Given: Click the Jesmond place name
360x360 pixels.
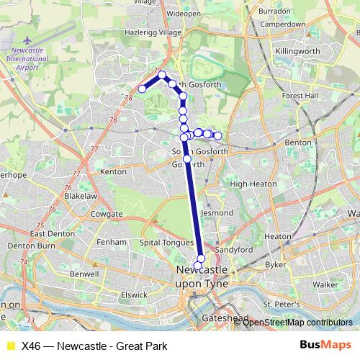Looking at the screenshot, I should coord(217,213).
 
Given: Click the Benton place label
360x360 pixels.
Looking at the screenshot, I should coord(298,143).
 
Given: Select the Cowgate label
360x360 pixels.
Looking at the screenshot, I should coord(107,215).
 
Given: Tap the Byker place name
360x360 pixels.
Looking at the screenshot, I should coord(276,264).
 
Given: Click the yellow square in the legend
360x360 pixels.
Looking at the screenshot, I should coord(10,345).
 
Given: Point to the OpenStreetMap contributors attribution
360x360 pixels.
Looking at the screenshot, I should coord(297,323).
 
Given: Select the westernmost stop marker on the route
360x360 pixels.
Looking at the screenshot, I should coord(143,89).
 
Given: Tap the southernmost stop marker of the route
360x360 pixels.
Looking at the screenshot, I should coord(198,266).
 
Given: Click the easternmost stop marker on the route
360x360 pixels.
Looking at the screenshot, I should coord(217,135).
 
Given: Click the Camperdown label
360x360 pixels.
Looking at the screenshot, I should coord(282,24).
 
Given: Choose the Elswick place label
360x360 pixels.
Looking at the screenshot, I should coord(135,294).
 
